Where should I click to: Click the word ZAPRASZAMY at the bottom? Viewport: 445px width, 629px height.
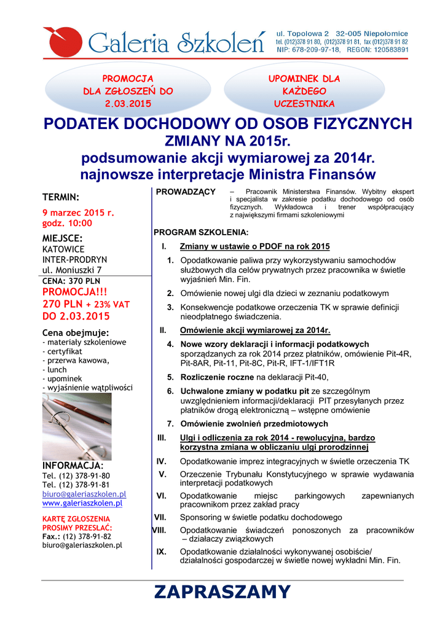pyautogui.click(x=222, y=592)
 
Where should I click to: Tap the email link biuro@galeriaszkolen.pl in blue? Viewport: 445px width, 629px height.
pyautogui.click(x=84, y=494)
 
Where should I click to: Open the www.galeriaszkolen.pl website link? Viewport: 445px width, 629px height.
pyautogui.click(x=82, y=503)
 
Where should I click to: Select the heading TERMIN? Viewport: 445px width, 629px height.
pyautogui.click(x=60, y=197)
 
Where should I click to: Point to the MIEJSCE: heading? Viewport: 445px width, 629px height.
pyautogui.click(x=62, y=238)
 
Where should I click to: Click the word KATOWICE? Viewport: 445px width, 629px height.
pyautogui.click(x=63, y=249)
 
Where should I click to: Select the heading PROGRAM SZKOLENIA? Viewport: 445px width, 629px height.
pyautogui.click(x=200, y=233)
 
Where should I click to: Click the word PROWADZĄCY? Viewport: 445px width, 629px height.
pyautogui.click(x=185, y=192)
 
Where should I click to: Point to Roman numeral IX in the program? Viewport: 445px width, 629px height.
pyautogui.click(x=162, y=551)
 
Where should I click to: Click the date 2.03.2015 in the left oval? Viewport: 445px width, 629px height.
pyautogui.click(x=128, y=103)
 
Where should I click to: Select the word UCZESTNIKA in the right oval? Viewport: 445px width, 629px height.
pyautogui.click(x=304, y=103)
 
